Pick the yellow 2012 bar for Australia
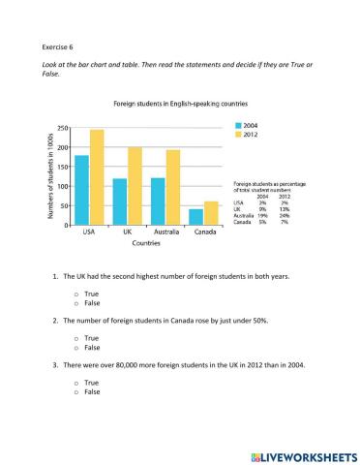pos(172,188)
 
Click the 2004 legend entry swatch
pos(238,126)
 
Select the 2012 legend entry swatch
pos(238,135)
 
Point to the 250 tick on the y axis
pos(62,129)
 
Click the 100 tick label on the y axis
pos(62,187)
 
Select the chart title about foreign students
pos(180,103)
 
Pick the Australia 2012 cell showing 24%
pos(285,216)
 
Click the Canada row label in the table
pos(244,223)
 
